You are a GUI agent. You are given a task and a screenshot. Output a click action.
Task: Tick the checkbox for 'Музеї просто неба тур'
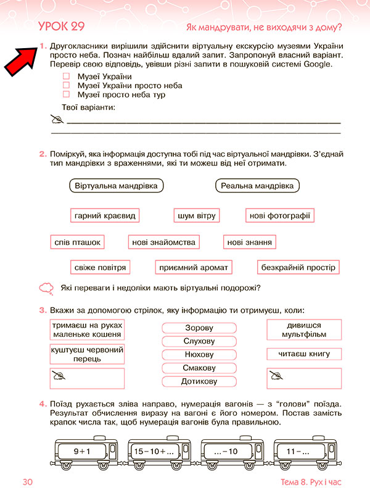[x=67, y=95]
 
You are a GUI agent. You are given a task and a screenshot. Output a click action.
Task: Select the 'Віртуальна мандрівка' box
[x=116, y=186]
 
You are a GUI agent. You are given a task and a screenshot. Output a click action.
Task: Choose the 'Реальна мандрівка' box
[x=258, y=186]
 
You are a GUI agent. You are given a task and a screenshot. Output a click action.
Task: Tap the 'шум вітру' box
[x=196, y=215]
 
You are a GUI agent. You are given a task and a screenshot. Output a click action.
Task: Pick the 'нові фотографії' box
[x=279, y=215]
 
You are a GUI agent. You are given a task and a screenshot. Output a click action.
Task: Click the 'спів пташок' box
[x=78, y=242]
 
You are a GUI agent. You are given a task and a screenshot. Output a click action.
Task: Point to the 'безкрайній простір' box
[x=298, y=267]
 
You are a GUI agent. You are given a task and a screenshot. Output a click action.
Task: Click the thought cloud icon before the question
[x=46, y=287]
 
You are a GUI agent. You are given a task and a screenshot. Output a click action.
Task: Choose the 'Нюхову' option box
[x=199, y=355]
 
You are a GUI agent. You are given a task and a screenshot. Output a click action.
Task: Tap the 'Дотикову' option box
[x=199, y=381]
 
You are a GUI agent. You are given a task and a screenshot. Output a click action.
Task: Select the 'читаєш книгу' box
[x=303, y=354]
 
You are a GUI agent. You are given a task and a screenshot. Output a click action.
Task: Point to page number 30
[x=27, y=481]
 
